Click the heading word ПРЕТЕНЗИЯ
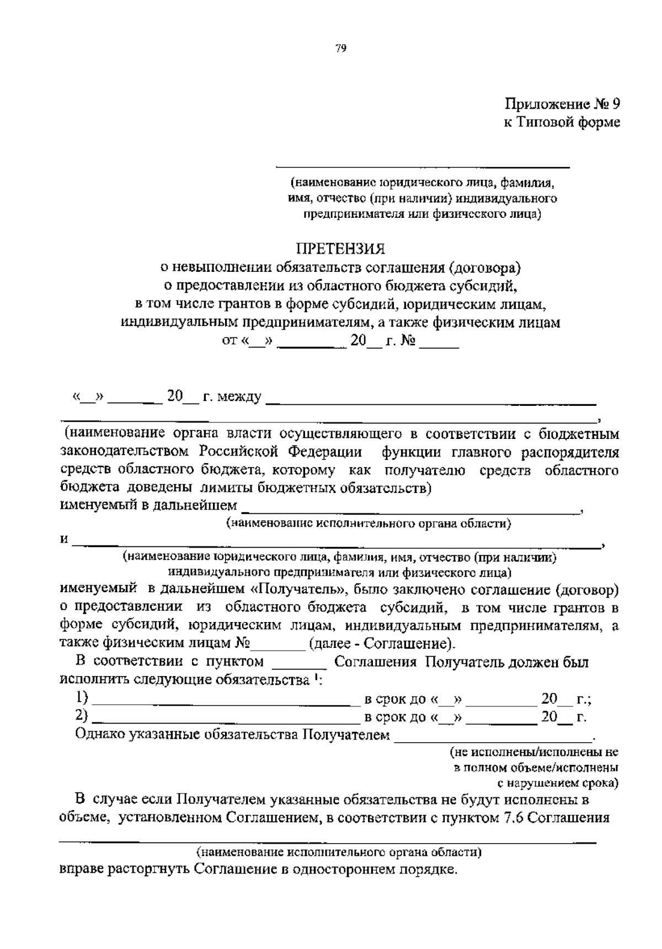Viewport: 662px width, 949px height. pos(340,249)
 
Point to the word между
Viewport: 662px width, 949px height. pos(239,397)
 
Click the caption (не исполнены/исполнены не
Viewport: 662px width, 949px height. pos(534,752)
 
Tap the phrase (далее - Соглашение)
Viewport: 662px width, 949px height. pos(383,644)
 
